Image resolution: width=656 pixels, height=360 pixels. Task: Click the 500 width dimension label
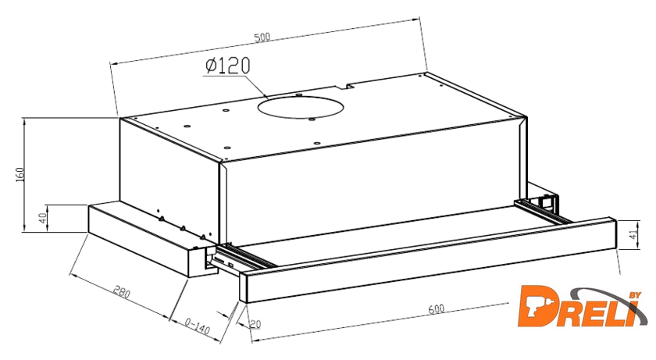(262, 37)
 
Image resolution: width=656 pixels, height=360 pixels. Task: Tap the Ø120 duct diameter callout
(228, 66)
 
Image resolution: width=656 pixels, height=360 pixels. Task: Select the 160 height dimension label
(20, 174)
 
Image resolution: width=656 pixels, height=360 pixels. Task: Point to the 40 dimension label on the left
(43, 218)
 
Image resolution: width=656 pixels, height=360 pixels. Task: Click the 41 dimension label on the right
(634, 234)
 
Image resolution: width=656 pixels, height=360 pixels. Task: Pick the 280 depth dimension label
(122, 292)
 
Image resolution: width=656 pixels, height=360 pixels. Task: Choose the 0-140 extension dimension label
(197, 326)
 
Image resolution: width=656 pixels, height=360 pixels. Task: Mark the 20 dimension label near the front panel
(255, 324)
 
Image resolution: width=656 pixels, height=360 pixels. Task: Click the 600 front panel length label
(436, 309)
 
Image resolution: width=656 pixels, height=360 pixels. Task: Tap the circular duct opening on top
(301, 107)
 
